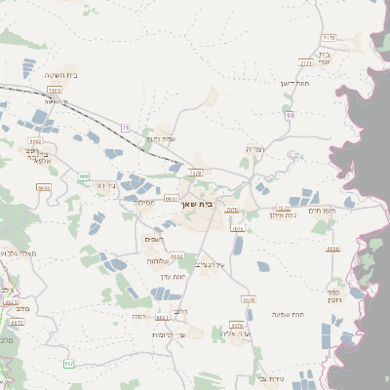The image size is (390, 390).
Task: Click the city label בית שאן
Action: point(197,205)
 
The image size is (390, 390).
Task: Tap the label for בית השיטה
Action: point(61,75)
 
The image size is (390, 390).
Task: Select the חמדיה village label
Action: point(254,149)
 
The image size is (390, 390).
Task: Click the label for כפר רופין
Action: point(360,296)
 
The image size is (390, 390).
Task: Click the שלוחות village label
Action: point(160,261)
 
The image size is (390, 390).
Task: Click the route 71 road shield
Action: point(125,128)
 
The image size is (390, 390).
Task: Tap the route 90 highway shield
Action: point(290,115)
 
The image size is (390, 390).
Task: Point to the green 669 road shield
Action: point(84,176)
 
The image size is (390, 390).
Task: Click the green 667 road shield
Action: point(68,364)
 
